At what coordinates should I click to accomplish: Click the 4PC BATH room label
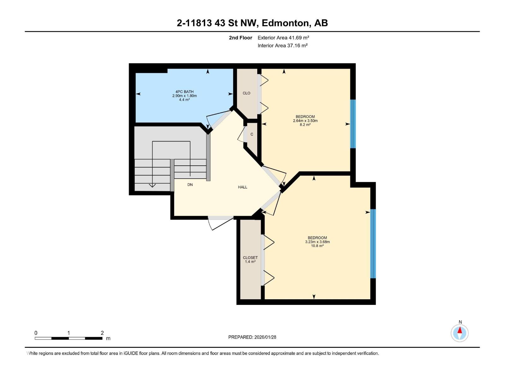[x=184, y=92]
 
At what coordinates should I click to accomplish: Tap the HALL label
[x=242, y=187]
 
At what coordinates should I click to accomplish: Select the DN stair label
[x=190, y=185]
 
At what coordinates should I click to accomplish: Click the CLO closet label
[x=247, y=93]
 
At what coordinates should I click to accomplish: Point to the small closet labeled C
[x=252, y=135]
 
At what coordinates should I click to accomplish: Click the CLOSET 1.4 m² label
[x=250, y=260]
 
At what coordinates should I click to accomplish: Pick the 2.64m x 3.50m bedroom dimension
[x=305, y=121]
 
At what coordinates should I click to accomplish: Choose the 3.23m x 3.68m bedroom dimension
[x=317, y=242]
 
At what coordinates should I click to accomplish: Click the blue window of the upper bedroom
[x=353, y=124]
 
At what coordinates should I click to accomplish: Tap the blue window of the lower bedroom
[x=373, y=243]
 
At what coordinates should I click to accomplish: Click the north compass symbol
[x=460, y=333]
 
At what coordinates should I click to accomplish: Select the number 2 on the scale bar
[x=102, y=333]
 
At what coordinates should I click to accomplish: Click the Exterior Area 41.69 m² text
[x=283, y=37]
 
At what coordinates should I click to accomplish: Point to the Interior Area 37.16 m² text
[x=282, y=45]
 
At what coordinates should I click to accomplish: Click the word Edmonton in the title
[x=285, y=23]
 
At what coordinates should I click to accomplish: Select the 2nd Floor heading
[x=241, y=38]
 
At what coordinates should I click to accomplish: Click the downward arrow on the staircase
[x=152, y=185]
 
